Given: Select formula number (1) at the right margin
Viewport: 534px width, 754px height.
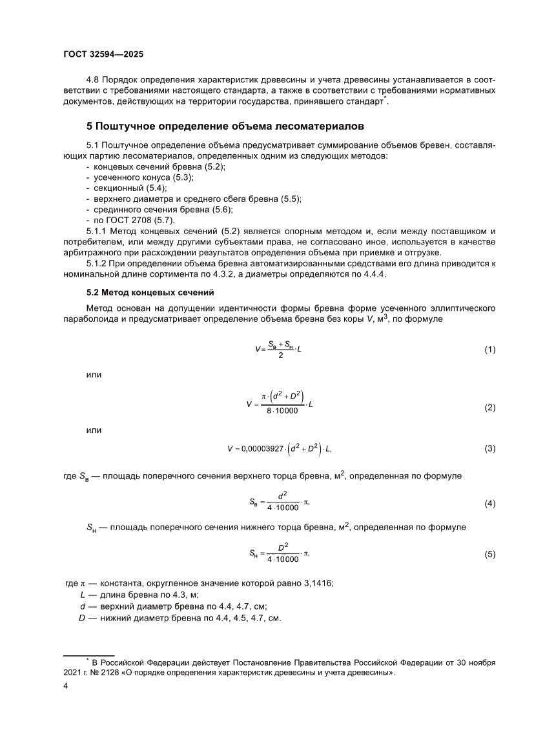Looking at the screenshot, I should click(x=489, y=350).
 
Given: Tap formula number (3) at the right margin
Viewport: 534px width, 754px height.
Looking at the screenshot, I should click(x=489, y=448).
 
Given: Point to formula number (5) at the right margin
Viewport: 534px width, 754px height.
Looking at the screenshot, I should click(x=489, y=553).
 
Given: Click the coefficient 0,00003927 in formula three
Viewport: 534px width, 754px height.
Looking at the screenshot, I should click(x=267, y=448).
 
